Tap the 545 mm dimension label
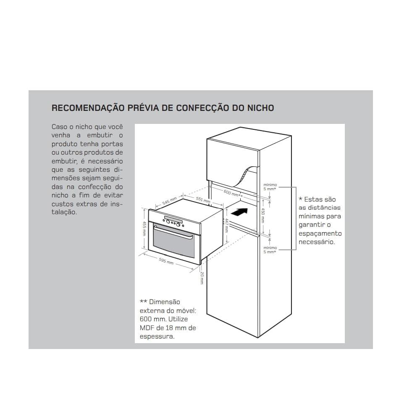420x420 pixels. [x=169, y=202]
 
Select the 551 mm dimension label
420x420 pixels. [x=204, y=201]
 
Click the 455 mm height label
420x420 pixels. [x=144, y=228]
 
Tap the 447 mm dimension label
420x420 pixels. [x=226, y=225]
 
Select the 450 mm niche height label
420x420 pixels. [x=263, y=214]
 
